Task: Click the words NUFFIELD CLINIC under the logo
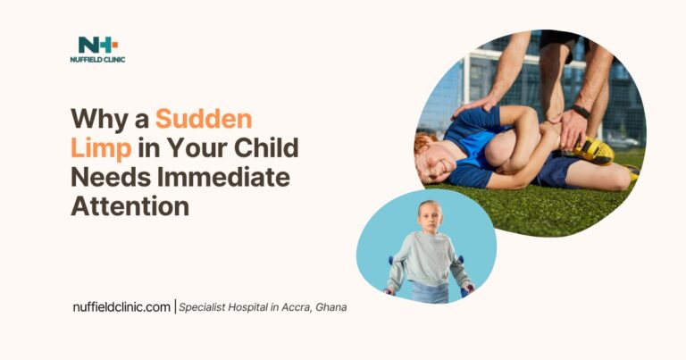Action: point(97,61)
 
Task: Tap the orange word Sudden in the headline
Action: point(204,120)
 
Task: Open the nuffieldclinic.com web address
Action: point(121,307)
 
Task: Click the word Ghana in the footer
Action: point(328,307)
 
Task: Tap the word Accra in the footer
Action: point(288,307)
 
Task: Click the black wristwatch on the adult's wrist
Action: point(581,113)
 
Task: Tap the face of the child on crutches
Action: point(431,218)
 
